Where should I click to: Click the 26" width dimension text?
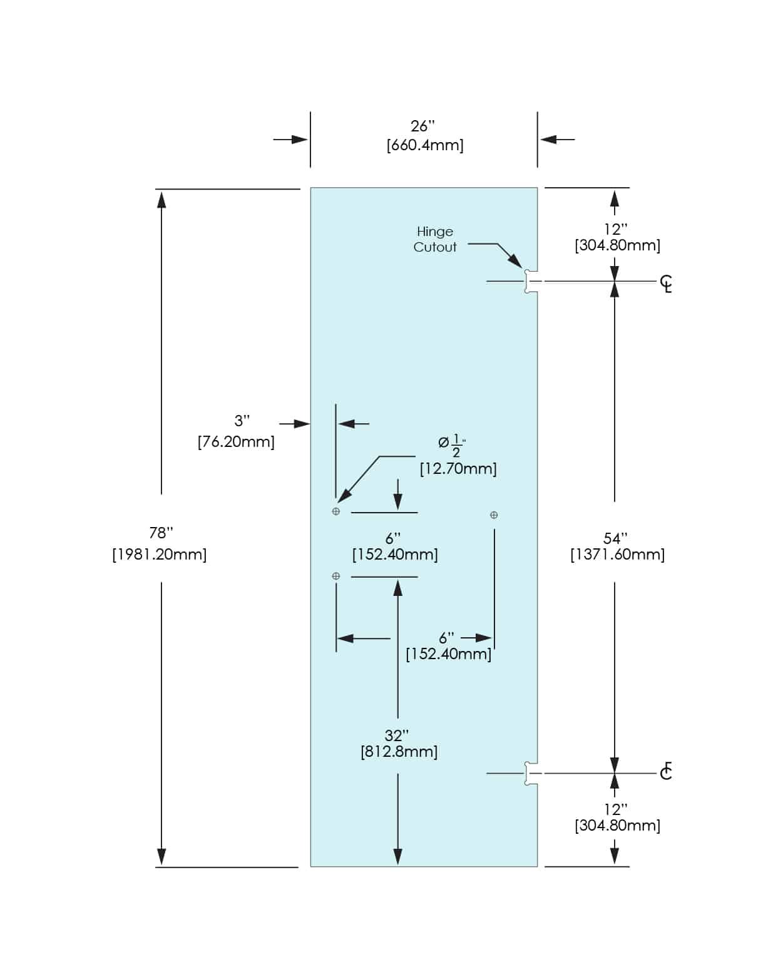tap(422, 126)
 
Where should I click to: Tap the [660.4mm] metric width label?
tap(425, 145)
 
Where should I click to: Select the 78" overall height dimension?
tap(161, 533)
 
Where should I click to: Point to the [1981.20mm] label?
tap(160, 554)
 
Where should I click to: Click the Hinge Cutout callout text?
tap(435, 239)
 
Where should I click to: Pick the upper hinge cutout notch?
tap(530, 282)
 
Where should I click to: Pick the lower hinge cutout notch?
tap(530, 774)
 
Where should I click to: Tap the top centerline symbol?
tap(667, 284)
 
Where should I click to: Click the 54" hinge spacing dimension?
tap(615, 538)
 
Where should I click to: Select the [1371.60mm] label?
tap(617, 555)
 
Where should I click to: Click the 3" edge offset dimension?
tap(242, 421)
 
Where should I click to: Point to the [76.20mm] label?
tap(236, 441)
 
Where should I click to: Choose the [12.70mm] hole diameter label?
tap(458, 468)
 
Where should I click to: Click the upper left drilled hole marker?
tap(336, 511)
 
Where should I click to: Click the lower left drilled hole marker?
tap(336, 576)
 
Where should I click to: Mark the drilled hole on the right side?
tap(494, 515)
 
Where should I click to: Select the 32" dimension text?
tap(397, 735)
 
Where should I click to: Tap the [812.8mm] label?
tap(399, 751)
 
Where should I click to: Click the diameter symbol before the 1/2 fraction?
tap(443, 443)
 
